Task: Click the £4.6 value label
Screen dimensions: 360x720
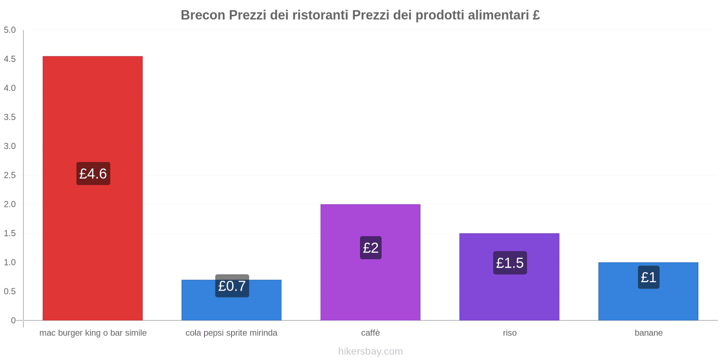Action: pos(93,174)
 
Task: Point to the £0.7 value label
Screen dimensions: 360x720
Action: pos(232,286)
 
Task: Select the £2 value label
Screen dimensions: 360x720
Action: pos(370,247)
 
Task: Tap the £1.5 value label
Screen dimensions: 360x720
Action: pos(509,263)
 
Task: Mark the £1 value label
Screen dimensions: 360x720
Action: pos(648,277)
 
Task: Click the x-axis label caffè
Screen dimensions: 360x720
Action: pos(370,333)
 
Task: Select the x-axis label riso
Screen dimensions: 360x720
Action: pos(509,333)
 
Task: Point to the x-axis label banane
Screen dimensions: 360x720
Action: pos(648,333)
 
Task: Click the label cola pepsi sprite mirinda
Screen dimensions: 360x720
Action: pos(231,333)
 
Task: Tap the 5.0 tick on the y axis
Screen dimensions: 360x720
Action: pos(9,30)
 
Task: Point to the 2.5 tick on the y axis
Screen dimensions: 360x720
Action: pos(9,175)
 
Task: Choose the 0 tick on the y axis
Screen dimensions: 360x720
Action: pos(13,320)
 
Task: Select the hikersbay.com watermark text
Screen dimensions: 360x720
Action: pos(370,351)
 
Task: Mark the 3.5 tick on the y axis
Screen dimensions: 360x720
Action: pos(9,117)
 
